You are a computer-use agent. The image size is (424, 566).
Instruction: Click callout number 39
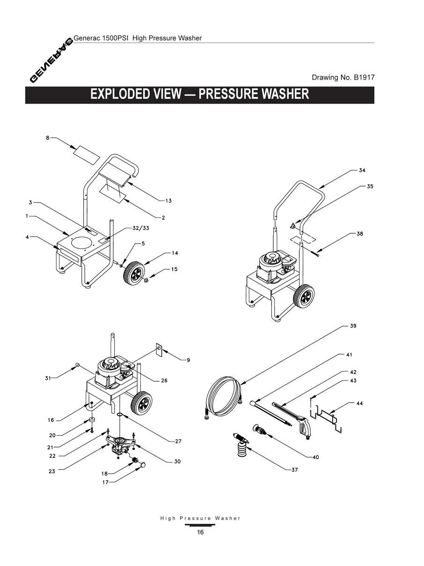click(353, 326)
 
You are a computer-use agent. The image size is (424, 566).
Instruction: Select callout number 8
click(48, 138)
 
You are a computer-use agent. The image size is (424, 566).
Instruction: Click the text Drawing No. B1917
click(343, 77)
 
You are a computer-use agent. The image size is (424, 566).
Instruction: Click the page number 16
click(200, 532)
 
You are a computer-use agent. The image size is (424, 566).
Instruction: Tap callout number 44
click(359, 403)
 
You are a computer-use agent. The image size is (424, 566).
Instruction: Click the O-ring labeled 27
click(120, 415)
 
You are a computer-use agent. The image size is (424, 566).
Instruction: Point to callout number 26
click(164, 380)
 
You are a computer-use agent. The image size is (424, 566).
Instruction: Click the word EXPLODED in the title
click(119, 94)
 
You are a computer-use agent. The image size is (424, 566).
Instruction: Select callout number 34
click(362, 170)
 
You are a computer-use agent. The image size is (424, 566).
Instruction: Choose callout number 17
click(105, 482)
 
